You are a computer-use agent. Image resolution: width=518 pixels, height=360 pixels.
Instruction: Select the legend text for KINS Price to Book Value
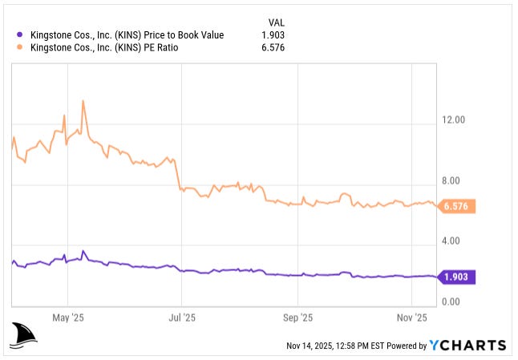(126, 34)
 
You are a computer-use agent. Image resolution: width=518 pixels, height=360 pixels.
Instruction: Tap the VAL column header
(274, 22)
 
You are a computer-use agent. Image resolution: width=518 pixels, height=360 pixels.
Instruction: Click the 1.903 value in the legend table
(273, 34)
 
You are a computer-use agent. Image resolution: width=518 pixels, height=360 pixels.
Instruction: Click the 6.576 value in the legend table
(273, 47)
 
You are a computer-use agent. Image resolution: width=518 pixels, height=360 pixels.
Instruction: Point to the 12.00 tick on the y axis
(454, 120)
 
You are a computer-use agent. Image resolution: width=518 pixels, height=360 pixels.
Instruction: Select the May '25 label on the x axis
(68, 318)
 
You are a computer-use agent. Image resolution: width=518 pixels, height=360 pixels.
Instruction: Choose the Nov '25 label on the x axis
(411, 318)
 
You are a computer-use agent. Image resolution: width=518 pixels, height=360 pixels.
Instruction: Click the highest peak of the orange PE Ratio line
(83, 101)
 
